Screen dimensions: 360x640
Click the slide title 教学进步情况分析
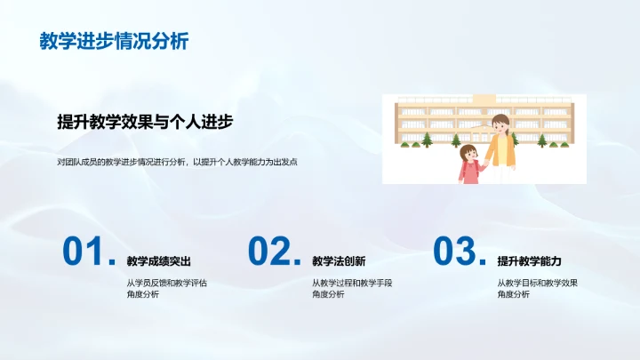click(114, 41)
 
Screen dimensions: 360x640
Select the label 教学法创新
click(338, 261)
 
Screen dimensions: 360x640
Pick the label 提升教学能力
click(529, 261)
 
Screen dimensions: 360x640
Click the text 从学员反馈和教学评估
click(167, 283)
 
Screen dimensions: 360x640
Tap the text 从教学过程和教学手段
click(352, 283)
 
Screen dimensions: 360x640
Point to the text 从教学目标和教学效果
click(538, 283)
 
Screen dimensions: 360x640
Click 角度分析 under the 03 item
click(513, 295)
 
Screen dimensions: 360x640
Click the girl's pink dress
click(468, 172)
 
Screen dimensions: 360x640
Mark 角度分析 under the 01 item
click(142, 295)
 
